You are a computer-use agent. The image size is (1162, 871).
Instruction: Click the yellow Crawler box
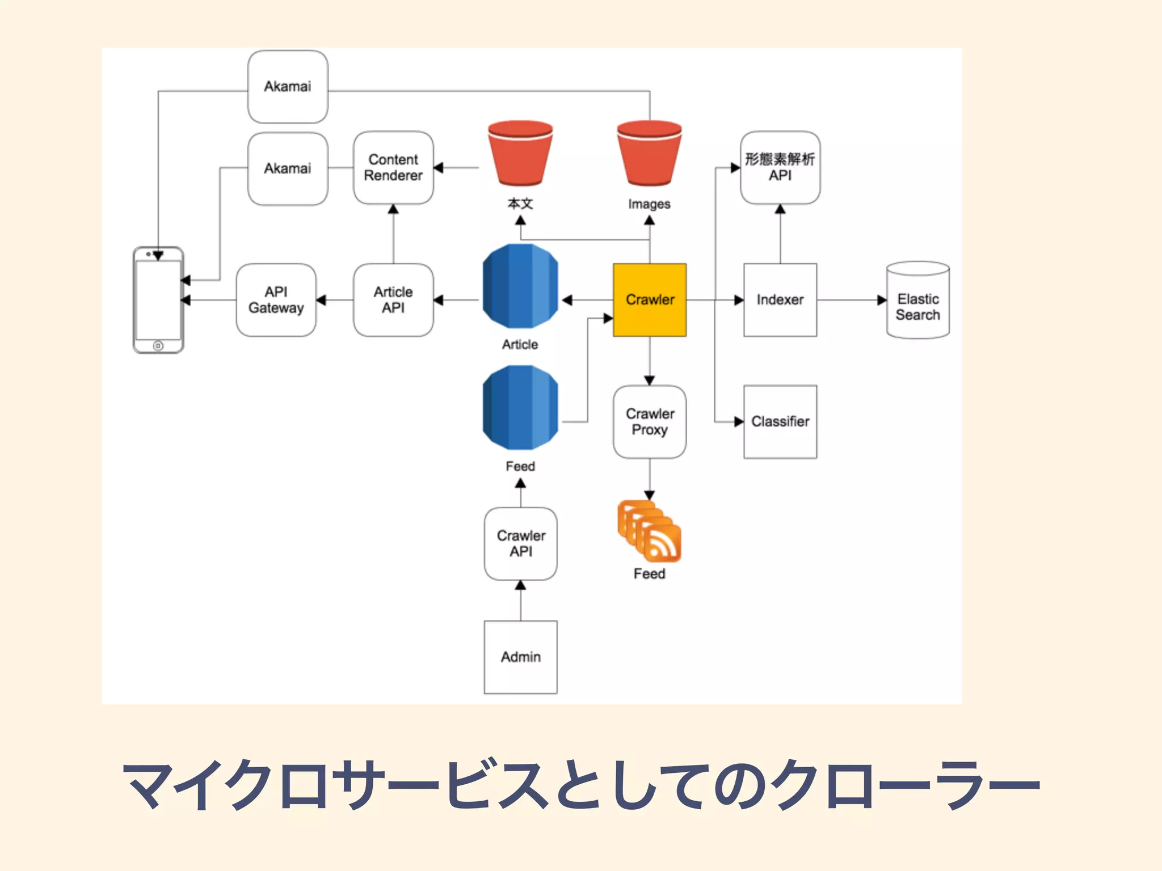click(650, 300)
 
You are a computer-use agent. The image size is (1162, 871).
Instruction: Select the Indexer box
click(780, 300)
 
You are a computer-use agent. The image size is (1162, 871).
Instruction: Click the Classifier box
click(780, 422)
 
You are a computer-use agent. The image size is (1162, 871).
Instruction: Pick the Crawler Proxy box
click(650, 422)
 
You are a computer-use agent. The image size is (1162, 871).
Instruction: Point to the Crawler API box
click(521, 544)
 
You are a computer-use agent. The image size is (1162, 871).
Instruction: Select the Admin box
click(521, 657)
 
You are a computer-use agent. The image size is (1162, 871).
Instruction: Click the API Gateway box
click(276, 300)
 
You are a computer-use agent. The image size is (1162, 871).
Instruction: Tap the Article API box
click(393, 300)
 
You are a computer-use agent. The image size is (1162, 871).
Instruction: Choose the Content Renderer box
click(393, 168)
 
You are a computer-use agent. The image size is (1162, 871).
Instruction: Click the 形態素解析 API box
click(780, 168)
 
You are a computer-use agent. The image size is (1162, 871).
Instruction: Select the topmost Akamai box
click(288, 87)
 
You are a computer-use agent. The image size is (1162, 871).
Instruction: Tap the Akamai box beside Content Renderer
click(288, 168)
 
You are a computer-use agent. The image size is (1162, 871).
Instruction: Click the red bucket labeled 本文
click(520, 153)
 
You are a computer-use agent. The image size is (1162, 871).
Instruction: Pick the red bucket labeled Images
click(649, 153)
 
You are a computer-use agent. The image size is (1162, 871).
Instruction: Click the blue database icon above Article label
click(520, 286)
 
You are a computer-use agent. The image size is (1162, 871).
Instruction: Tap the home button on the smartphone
click(158, 345)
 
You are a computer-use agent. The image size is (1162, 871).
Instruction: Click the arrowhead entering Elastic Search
click(882, 300)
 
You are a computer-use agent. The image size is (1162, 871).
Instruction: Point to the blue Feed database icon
click(520, 408)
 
